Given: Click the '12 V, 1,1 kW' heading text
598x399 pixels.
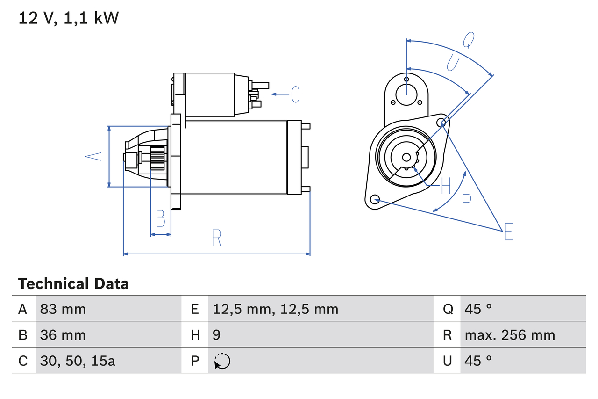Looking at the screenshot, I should pyautogui.click(x=69, y=18).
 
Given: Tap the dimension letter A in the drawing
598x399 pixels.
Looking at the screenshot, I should pyautogui.click(x=94, y=156).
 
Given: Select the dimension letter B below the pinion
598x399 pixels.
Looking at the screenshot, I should pyautogui.click(x=160, y=218).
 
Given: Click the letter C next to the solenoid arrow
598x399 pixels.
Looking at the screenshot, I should pyautogui.click(x=295, y=94).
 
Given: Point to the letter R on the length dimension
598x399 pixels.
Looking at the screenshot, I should pyautogui.click(x=216, y=238).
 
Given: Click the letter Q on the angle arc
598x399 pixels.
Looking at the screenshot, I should pyautogui.click(x=469, y=41).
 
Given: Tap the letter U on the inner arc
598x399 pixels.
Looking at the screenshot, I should pyautogui.click(x=453, y=63).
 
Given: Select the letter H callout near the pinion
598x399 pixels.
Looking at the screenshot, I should pyautogui.click(x=446, y=186).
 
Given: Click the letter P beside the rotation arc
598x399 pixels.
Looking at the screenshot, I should pyautogui.click(x=466, y=202).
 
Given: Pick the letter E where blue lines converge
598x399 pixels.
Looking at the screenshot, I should pyautogui.click(x=509, y=232).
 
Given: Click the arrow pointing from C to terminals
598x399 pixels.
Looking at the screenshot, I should pyautogui.click(x=280, y=94).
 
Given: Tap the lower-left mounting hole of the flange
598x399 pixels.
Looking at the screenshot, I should pyautogui.click(x=374, y=200).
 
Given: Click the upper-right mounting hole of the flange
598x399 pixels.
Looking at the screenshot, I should pyautogui.click(x=442, y=123).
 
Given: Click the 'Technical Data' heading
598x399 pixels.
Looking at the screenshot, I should pyautogui.click(x=73, y=284).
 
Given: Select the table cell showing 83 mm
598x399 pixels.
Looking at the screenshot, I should pyautogui.click(x=63, y=309).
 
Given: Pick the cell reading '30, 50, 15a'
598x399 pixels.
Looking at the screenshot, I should pyautogui.click(x=78, y=361).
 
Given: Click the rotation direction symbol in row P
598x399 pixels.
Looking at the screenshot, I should pyautogui.click(x=222, y=361).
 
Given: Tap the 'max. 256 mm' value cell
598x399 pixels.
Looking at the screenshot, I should pyautogui.click(x=510, y=335).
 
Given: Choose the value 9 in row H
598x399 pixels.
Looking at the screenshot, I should pyautogui.click(x=217, y=335).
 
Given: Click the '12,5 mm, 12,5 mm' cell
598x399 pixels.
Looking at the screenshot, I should pyautogui.click(x=275, y=309).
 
